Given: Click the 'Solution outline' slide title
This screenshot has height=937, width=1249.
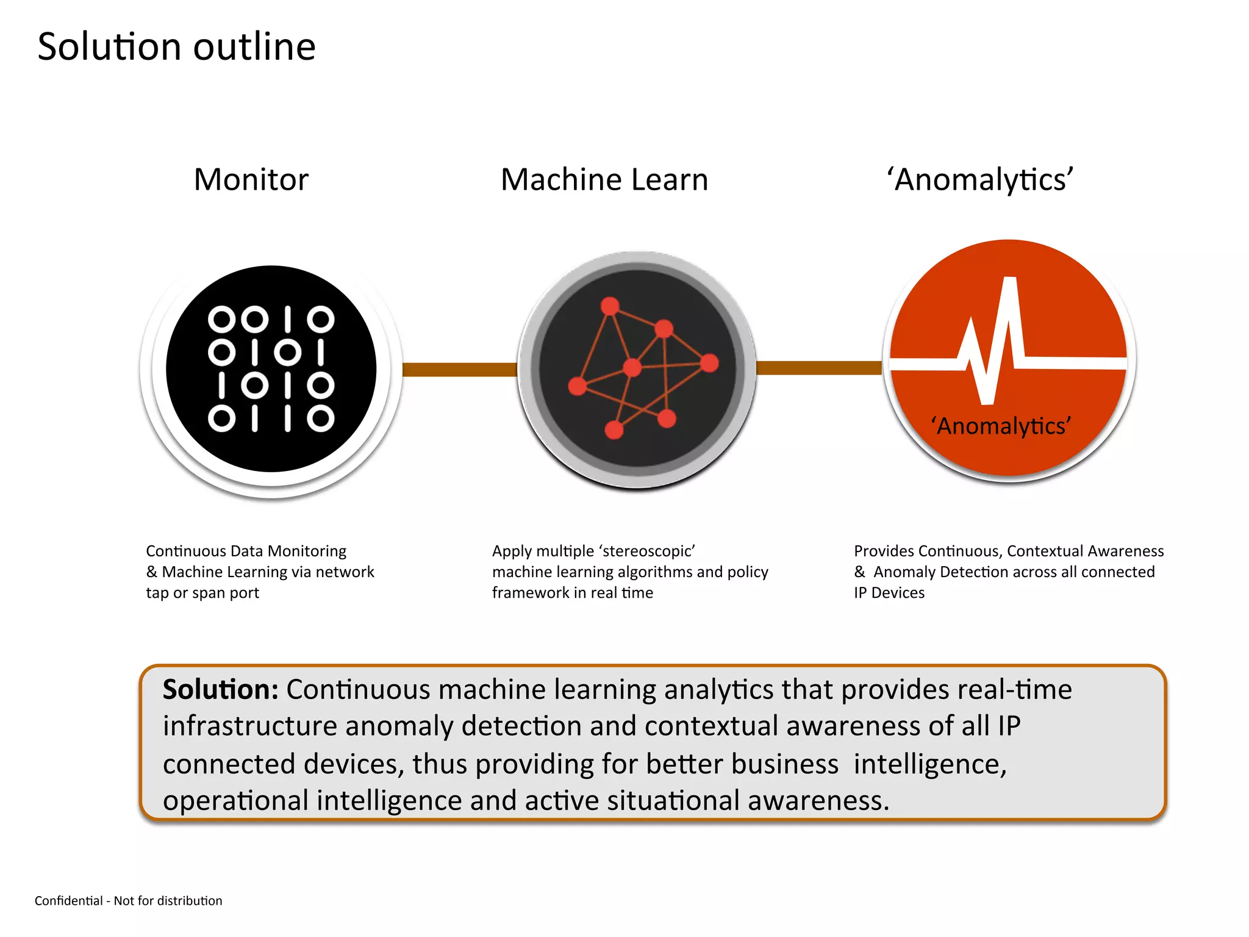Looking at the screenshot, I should coord(176,47).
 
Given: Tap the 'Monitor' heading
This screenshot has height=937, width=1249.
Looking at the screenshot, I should coord(251,179).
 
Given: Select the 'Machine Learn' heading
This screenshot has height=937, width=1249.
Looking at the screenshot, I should coord(604,179).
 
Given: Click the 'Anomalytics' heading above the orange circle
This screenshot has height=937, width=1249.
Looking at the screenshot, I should coord(980,179).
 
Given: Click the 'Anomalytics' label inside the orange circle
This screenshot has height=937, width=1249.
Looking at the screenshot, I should coord(1001,426).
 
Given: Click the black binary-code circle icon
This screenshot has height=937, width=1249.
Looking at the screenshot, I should coord(271,369).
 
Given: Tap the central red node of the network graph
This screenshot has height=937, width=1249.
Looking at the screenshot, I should coord(632,367).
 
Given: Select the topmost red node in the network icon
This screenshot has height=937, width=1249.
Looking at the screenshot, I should coord(610,306).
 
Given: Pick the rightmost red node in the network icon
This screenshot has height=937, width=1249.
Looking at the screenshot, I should coord(709,363).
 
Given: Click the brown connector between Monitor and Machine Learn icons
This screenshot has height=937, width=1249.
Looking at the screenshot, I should coord(460,370).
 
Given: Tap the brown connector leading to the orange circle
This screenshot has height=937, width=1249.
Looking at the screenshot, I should coord(819,368).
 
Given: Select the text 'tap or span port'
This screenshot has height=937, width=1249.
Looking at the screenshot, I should coord(202,593).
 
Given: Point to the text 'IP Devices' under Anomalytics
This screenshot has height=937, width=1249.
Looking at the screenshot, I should coord(889,593).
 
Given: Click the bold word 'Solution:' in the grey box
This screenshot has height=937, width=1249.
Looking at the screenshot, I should coord(220,690).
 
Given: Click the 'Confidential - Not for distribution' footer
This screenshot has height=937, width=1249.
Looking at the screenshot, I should coord(129,901).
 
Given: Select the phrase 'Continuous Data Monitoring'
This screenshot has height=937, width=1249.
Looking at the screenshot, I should coord(246,551).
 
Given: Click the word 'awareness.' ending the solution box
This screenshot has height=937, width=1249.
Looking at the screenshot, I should coord(818,801).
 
